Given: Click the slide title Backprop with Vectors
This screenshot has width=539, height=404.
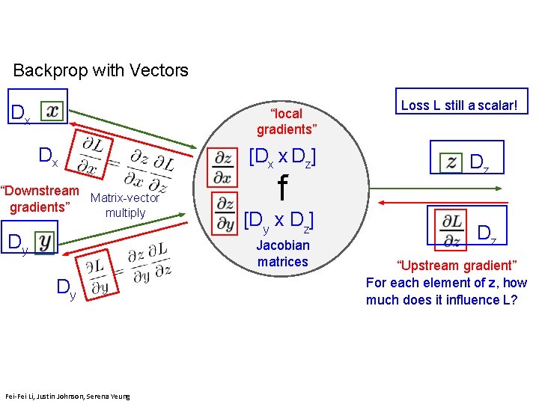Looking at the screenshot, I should point(101,71).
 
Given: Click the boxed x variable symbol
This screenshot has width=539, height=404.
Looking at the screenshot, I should point(52,111).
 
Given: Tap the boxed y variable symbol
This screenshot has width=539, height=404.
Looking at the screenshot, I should point(46,242).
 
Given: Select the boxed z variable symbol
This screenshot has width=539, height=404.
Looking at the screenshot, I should point(451,161).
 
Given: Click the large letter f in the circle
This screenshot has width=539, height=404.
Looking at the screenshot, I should point(282,188).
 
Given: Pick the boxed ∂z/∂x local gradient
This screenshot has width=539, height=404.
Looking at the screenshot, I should point(223,167).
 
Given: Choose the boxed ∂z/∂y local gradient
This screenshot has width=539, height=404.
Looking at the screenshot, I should point(224,212).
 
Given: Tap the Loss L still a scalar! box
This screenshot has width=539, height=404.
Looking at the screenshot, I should point(460,105).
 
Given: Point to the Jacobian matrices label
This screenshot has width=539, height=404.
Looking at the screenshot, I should point(283,253).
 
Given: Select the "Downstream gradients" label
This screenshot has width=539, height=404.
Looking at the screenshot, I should point(40,198).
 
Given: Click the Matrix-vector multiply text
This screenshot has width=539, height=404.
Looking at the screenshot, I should point(125,205).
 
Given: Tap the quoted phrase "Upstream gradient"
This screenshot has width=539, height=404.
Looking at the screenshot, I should point(446,266).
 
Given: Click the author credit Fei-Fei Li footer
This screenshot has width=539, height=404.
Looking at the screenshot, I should point(67,396).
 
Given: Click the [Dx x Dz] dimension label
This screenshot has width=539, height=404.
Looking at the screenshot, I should point(281,158).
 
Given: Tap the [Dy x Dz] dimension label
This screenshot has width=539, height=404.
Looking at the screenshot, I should point(278,221).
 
